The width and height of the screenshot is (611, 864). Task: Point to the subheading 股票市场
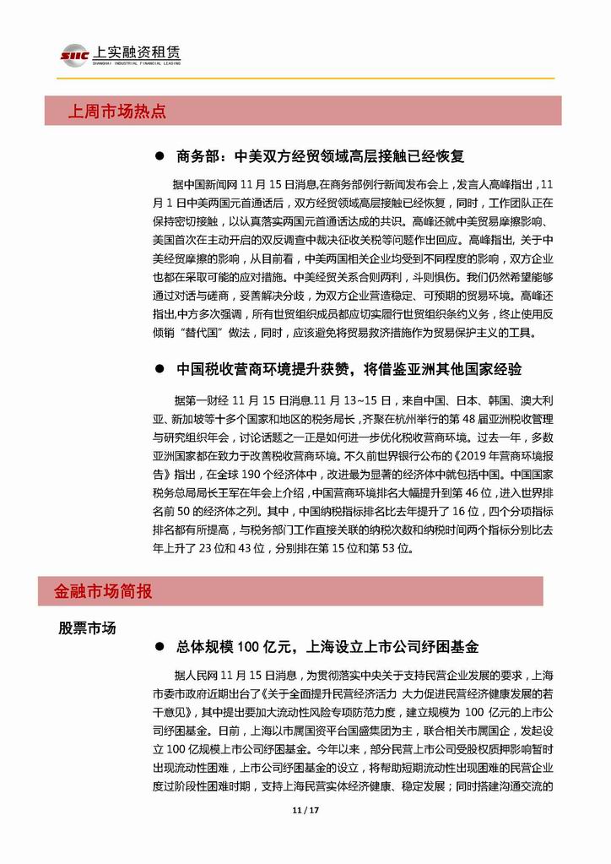[87, 628]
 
